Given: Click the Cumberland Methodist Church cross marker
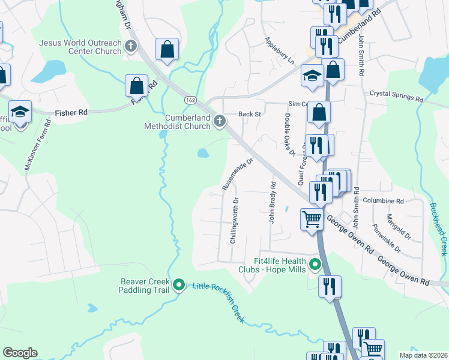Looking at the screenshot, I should click(x=220, y=122).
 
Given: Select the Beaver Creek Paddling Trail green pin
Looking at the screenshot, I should click(x=178, y=285).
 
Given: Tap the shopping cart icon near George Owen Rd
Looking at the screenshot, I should click(x=312, y=220).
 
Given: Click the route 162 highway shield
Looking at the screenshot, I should click(x=190, y=100).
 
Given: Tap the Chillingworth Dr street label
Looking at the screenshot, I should click(x=234, y=220).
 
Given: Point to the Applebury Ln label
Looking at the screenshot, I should click(x=280, y=52).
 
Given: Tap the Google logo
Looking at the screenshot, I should click(x=20, y=353).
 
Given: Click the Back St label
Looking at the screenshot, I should click(x=250, y=113).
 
